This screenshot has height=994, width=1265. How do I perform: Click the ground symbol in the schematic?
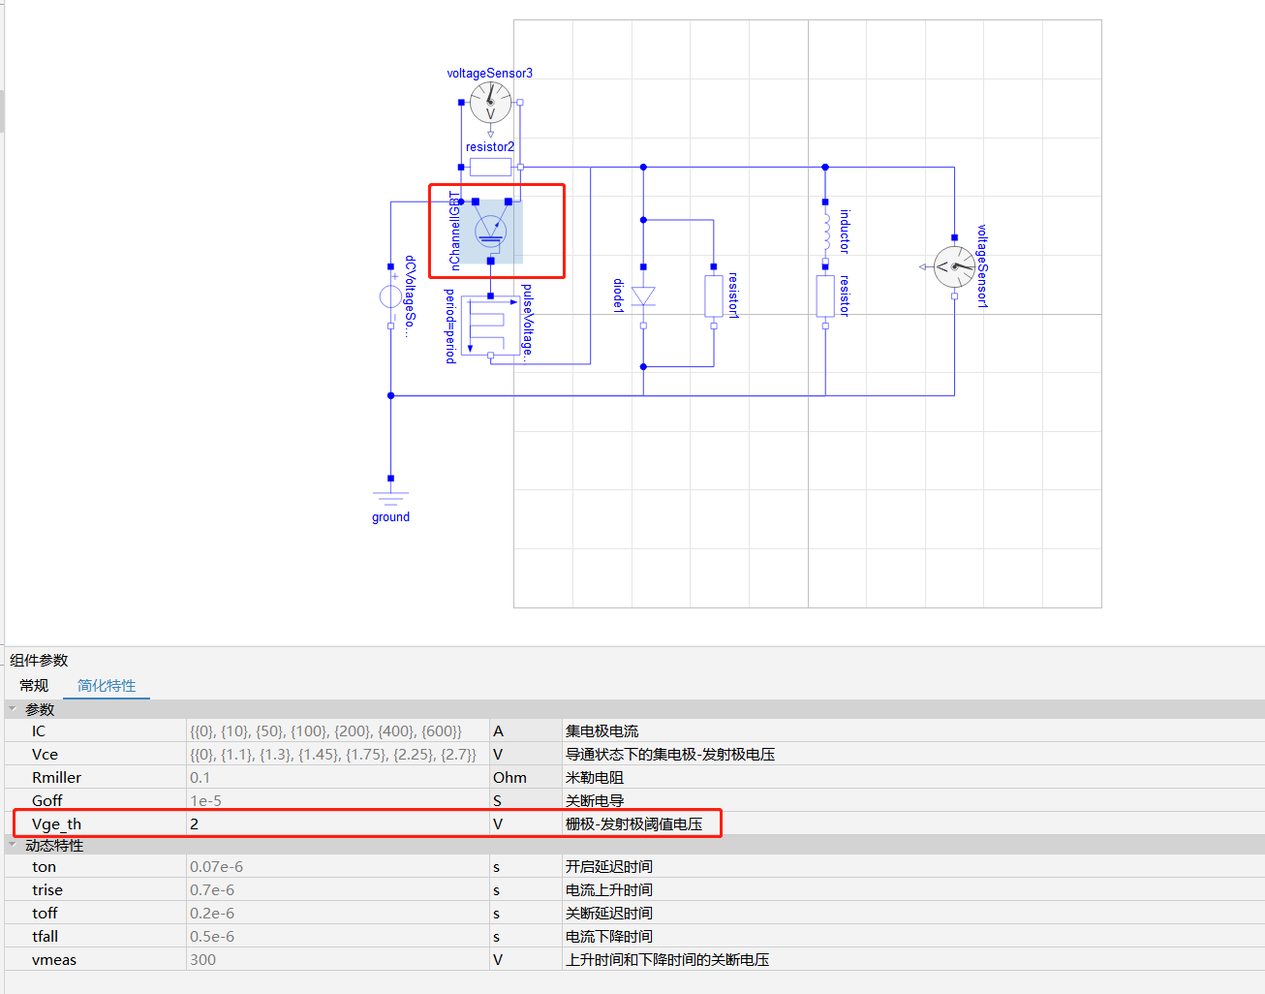click(390, 497)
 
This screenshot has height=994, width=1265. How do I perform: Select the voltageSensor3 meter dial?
click(490, 103)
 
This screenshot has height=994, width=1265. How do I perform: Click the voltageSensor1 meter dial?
click(954, 266)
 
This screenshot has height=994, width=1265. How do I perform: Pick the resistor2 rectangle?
click(490, 168)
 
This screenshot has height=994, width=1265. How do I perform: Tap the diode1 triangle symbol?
click(643, 295)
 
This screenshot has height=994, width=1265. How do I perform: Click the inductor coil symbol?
click(825, 232)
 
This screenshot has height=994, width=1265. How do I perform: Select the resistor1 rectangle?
click(714, 295)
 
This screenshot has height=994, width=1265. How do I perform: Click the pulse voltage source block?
click(490, 325)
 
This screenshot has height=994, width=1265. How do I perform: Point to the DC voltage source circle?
click(390, 296)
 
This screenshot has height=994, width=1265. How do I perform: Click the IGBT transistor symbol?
click(490, 232)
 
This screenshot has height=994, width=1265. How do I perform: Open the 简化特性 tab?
click(107, 685)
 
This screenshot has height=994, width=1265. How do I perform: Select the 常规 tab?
click(34, 685)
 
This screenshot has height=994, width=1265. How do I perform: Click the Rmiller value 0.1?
click(200, 777)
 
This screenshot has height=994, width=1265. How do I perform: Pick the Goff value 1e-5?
click(205, 800)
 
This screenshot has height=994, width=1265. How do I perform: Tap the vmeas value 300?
click(202, 959)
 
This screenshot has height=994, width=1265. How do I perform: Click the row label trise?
click(47, 889)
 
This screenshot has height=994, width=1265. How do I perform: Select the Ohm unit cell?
click(509, 777)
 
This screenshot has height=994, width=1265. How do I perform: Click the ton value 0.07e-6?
click(216, 866)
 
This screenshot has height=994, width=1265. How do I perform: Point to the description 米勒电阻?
click(595, 777)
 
